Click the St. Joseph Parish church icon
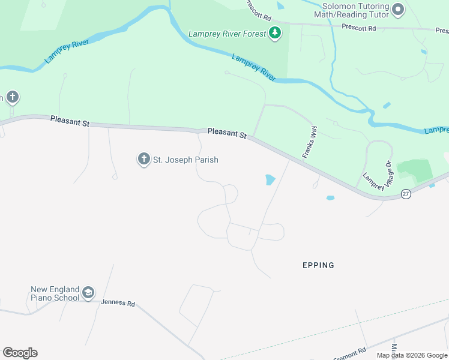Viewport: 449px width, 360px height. pos(143,159)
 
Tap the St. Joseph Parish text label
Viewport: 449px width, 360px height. pos(185,160)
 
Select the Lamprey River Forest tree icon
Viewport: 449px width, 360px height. pos(275,33)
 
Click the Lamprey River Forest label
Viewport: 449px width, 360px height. pos(226,34)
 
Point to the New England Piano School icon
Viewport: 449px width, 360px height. pos(88,293)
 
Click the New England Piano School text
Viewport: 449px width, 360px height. pos(55,293)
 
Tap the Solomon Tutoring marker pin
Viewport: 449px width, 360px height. pos(397,9)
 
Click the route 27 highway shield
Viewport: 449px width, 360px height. pos(406,194)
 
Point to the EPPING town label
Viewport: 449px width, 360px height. pos(318,265)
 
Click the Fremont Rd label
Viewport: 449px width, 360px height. pos(349,354)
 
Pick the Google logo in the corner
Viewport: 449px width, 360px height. pos(20,353)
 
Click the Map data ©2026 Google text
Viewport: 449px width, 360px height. pos(412,355)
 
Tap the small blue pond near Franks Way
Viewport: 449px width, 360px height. pos(270,179)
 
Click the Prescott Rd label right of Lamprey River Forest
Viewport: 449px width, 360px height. pos(358,28)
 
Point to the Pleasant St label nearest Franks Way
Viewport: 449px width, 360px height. pos(227,133)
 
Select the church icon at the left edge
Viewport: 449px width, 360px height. pos(12,97)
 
